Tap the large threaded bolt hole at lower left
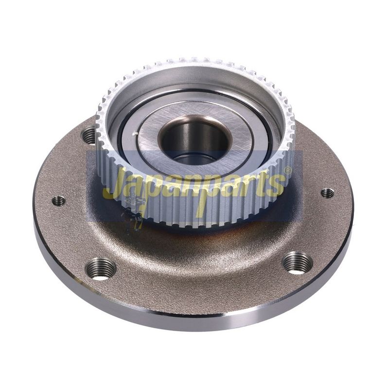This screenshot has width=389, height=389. [x=101, y=269]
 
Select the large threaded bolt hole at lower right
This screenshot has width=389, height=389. [x=297, y=263]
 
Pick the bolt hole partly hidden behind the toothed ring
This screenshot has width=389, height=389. [x=89, y=135]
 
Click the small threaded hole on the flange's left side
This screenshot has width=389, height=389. [x=59, y=201]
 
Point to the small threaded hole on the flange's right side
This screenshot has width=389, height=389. [x=327, y=193]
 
